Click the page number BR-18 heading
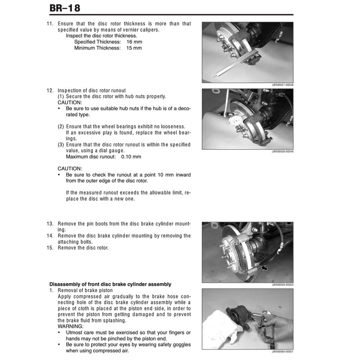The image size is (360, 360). click(65, 8)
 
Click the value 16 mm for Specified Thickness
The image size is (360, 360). click(134, 42)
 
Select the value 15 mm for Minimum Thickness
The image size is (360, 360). click(134, 48)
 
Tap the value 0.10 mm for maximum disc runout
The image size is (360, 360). click(131, 157)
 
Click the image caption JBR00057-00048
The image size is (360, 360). click(282, 85)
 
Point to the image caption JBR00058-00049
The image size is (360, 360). click(282, 152)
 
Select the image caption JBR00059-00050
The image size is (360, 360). click(282, 285)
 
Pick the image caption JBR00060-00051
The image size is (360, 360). click(282, 352)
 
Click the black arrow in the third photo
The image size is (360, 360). click(264, 269)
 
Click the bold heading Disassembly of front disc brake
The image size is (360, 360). click(110, 284)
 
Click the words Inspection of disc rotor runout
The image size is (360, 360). click(91, 90)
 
